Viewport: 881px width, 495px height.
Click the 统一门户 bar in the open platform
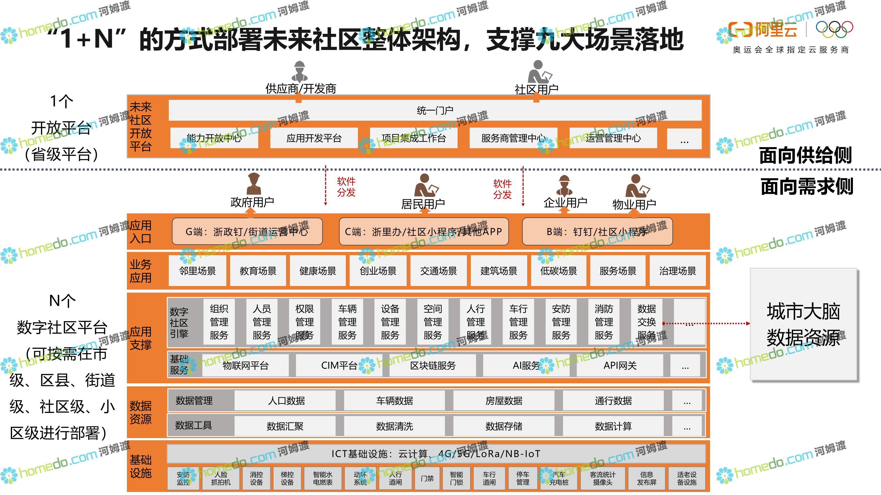(x=435, y=110)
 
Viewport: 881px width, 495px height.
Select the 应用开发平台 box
(x=314, y=138)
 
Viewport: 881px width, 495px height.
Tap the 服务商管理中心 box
(x=513, y=138)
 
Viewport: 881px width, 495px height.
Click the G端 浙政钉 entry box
(x=247, y=232)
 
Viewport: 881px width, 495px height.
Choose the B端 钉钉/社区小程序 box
(x=597, y=232)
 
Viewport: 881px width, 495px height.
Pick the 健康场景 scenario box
(x=318, y=271)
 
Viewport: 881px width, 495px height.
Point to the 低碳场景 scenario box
(x=559, y=271)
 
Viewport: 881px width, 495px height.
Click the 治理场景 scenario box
(x=678, y=271)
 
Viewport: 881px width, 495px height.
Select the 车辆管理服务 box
(x=347, y=322)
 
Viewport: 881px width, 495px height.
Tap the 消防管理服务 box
(x=604, y=322)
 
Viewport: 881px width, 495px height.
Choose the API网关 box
(x=620, y=365)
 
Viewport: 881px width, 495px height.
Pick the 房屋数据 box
(x=504, y=400)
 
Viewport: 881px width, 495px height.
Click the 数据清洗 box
(x=394, y=426)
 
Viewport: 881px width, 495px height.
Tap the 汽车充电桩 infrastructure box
(x=559, y=478)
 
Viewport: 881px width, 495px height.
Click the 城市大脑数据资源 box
(x=803, y=324)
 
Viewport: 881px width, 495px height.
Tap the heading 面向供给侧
(x=805, y=155)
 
